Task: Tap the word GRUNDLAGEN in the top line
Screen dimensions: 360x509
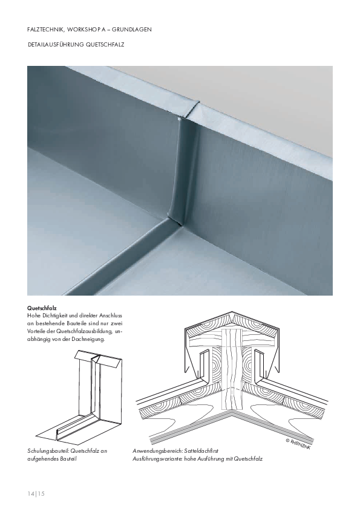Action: [134, 30]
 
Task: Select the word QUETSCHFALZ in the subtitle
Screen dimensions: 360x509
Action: [105, 45]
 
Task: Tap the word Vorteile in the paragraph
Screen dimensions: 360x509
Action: [36, 332]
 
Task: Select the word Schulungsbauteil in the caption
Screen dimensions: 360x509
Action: [48, 451]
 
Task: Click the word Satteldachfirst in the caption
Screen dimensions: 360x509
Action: [201, 451]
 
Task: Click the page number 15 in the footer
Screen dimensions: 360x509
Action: [41, 494]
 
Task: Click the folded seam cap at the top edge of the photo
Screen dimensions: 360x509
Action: [189, 109]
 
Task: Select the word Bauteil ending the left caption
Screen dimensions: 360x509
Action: [68, 459]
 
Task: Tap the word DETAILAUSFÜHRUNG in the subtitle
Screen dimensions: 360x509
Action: [56, 45]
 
